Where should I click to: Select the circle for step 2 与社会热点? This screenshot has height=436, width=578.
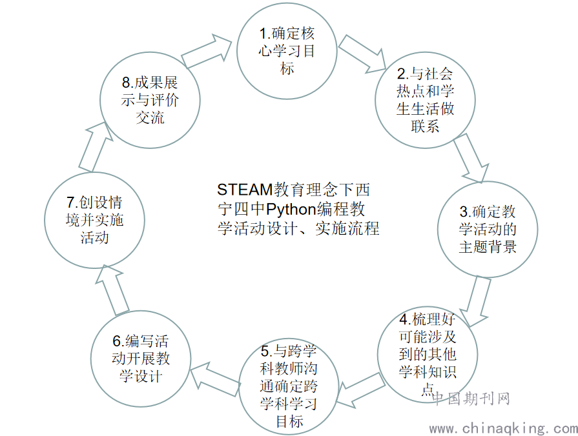pos(425,99)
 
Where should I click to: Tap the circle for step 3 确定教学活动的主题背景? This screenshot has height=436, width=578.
pos(488,229)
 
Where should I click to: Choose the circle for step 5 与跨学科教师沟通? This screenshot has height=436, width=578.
pos(288,387)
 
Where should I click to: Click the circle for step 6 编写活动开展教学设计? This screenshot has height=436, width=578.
pos(140,359)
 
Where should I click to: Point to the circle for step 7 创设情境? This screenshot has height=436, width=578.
pos(94,219)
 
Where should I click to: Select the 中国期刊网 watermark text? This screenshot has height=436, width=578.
pos(471,399)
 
